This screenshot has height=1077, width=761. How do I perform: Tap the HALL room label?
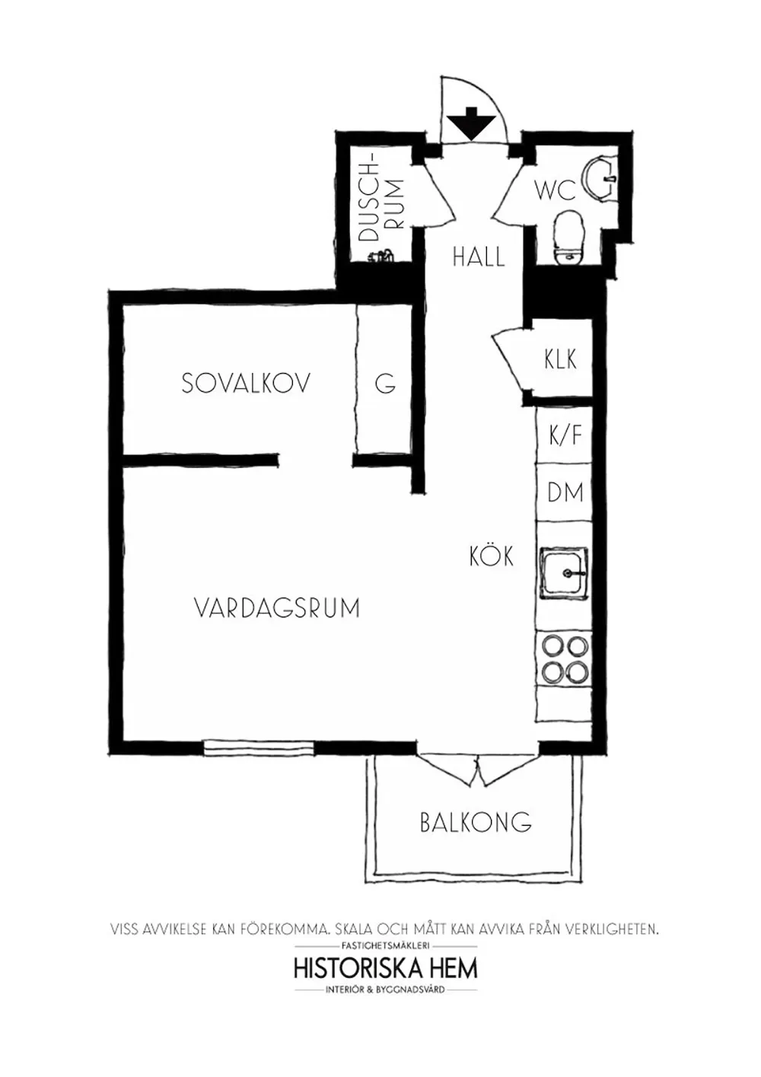tap(479, 257)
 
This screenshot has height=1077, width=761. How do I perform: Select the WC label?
tap(556, 191)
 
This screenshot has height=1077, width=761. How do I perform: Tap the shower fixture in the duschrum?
tap(381, 256)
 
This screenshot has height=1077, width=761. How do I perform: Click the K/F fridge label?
tap(565, 435)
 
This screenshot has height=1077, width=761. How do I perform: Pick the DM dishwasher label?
tap(566, 492)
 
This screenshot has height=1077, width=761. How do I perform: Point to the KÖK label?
tap(492, 555)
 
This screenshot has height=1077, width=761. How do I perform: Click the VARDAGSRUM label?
tap(277, 607)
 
